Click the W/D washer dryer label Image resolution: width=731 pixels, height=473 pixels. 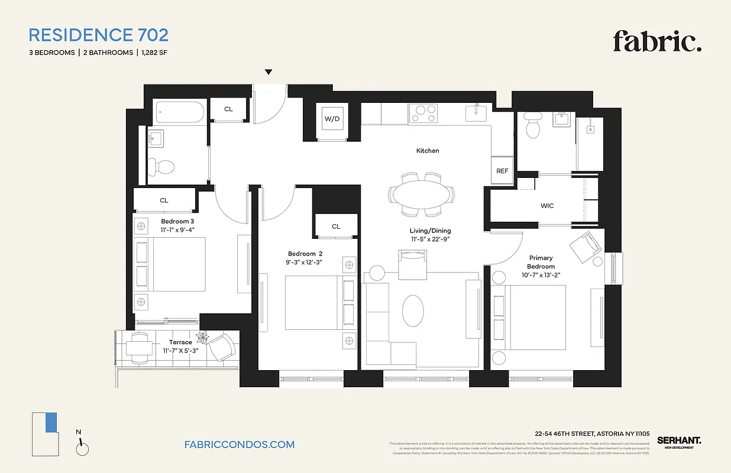click(332, 119)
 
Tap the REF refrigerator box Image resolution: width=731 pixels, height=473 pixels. click(502, 171)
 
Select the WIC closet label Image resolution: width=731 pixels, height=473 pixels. click(547, 206)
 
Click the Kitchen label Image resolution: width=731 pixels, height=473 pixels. click(428, 151)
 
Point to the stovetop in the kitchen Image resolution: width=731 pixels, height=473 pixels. click(423, 112)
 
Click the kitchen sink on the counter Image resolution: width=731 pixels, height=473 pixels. click(476, 112)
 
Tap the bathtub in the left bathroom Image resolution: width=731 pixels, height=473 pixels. click(179, 111)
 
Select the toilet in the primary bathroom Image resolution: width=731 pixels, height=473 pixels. click(533, 127)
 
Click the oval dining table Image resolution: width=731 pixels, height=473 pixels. click(422, 194)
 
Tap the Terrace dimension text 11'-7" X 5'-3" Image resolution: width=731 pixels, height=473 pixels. click(180, 351)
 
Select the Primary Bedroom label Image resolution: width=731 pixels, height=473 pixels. click(541, 262)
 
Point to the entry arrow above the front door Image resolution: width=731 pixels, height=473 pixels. click(269, 72)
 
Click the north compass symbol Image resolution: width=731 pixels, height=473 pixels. click(82, 448)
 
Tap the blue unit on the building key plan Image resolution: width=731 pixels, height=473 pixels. click(51, 422)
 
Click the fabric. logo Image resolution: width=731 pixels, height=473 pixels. click(656, 42)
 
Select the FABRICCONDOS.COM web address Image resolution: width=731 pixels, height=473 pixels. click(240, 445)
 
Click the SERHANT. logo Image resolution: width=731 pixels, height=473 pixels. click(679, 441)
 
